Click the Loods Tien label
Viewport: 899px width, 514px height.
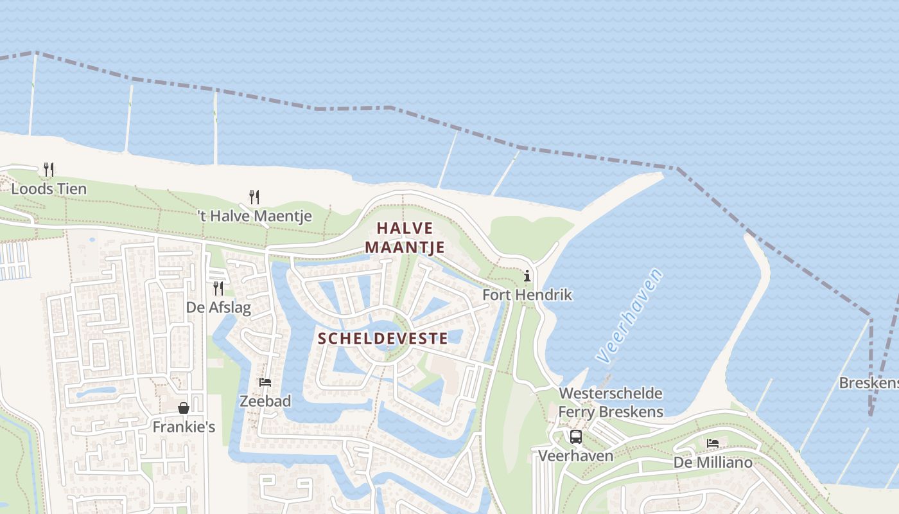[49, 189]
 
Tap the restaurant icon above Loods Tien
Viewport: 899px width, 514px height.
[48, 170]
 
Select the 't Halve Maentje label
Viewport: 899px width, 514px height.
[254, 216]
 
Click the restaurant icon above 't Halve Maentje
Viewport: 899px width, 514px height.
[254, 197]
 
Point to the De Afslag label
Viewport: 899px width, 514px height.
[218, 307]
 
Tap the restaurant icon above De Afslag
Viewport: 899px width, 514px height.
[218, 288]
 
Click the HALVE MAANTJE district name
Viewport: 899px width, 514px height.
[405, 237]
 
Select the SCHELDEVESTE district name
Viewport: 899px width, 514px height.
[383, 338]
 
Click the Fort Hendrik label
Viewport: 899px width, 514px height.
[527, 295]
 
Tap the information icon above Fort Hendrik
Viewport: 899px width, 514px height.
[527, 276]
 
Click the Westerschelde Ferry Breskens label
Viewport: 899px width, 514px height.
[611, 402]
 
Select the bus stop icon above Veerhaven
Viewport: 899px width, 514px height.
[576, 437]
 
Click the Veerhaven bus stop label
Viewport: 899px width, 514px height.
[575, 456]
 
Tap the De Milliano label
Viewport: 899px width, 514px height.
[713, 462]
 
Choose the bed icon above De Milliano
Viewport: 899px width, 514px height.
[713, 443]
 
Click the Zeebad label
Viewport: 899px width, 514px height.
[265, 401]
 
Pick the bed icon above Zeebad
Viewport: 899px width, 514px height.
[265, 382]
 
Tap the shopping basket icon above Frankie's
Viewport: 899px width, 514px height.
[184, 407]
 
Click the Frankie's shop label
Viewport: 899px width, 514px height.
[184, 426]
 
